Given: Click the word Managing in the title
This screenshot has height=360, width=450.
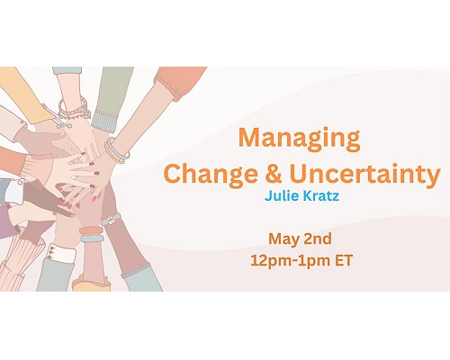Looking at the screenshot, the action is point(299,139).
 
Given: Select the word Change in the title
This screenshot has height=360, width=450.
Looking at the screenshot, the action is point(211,175).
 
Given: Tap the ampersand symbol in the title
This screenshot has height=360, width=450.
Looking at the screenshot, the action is point(274,174).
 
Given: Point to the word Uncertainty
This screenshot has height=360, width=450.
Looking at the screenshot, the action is point(364,175).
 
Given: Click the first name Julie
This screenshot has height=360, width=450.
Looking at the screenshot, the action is point(282,196).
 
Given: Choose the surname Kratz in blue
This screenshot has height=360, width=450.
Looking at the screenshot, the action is point(321,196).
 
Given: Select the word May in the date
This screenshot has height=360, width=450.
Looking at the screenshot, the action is point(284,239).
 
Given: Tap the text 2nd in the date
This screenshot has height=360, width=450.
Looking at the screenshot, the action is point(318,238).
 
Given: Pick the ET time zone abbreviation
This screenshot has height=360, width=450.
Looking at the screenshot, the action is point(344,260).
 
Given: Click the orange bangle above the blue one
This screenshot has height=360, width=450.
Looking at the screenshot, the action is point(91,230).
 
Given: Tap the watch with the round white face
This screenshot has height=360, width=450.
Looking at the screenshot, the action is point(112,219).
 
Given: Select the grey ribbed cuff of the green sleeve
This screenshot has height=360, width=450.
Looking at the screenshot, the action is point(104,121).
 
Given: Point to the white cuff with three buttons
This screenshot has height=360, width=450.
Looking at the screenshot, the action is point(61,253).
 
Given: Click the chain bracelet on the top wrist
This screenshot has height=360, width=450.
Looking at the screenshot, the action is point(73,110).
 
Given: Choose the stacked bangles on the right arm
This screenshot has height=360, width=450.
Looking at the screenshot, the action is point(116,150).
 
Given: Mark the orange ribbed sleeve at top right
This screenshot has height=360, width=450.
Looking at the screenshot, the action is point(180,82).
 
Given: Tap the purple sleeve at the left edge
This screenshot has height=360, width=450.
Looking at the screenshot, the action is point(7,222).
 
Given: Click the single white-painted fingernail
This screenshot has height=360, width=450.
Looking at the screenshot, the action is point(75,177).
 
